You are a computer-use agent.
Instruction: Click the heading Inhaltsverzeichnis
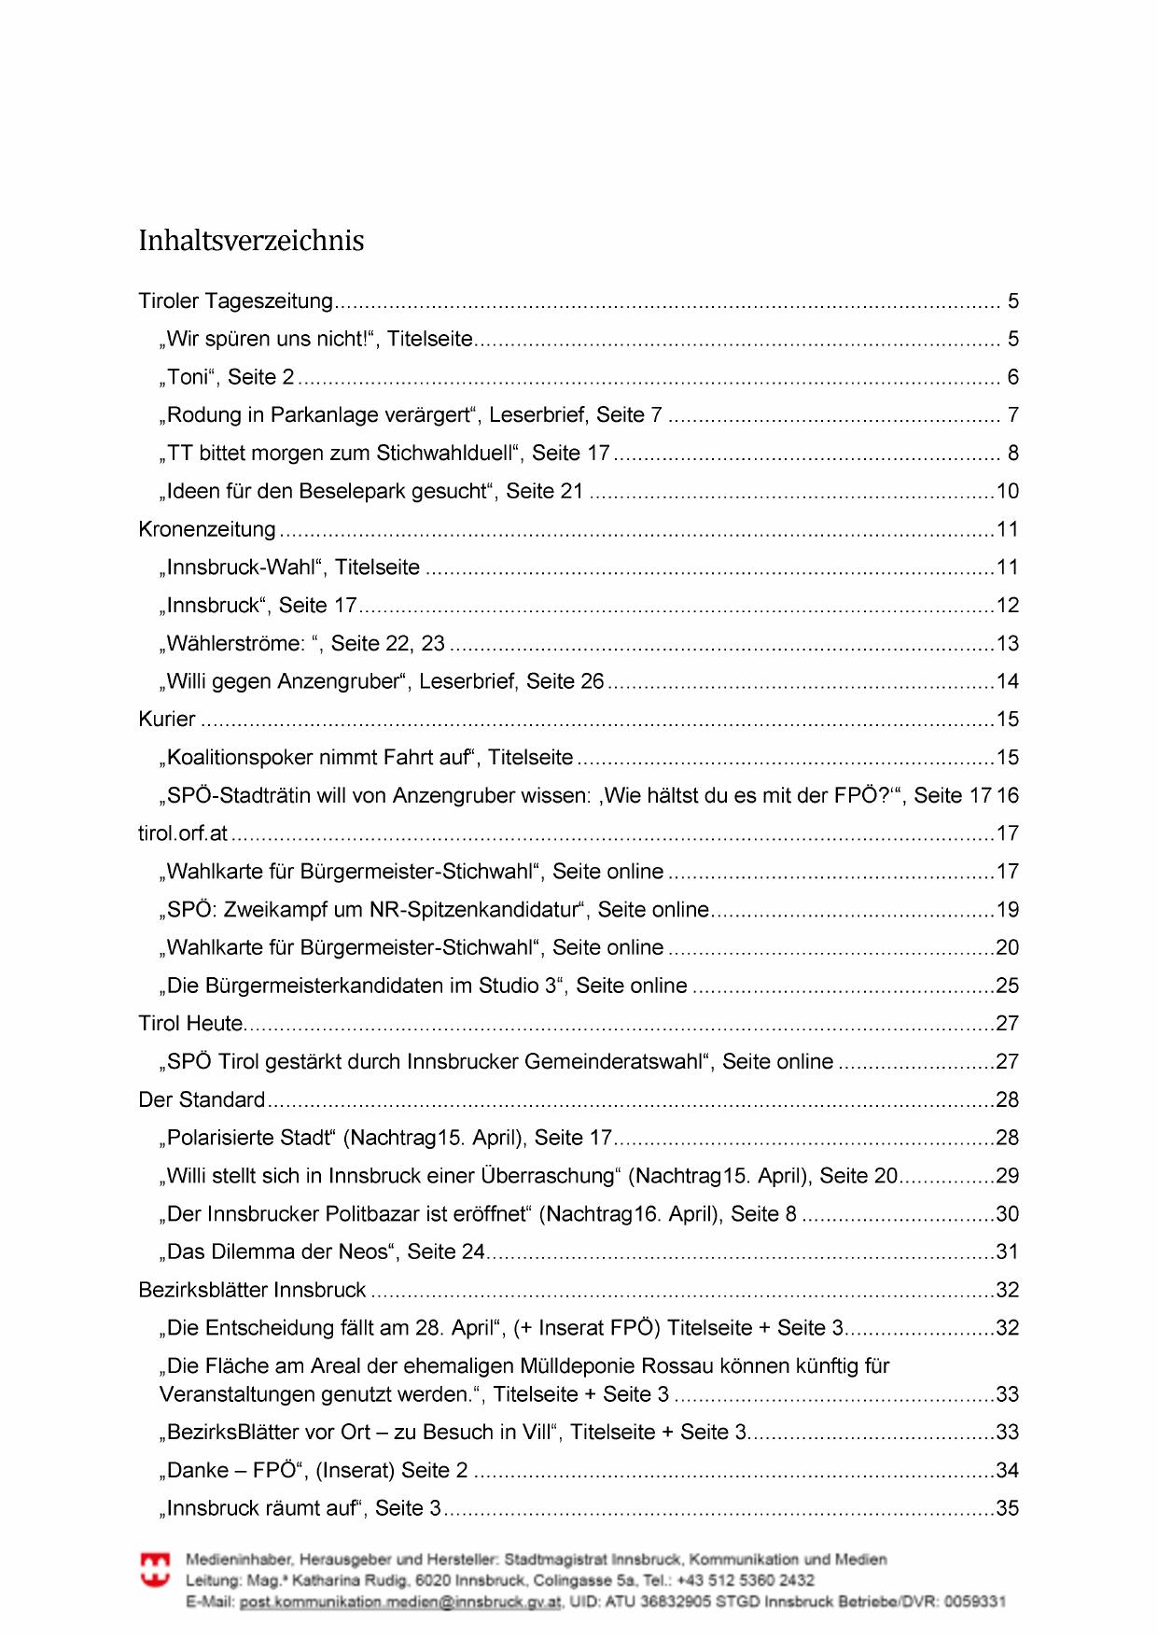tap(251, 241)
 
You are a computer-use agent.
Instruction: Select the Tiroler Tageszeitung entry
tap(235, 301)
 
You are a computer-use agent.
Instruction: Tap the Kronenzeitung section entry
tap(207, 530)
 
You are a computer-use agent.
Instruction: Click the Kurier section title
tap(167, 720)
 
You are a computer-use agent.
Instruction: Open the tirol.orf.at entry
tap(183, 833)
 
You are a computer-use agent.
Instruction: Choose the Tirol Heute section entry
tap(191, 1024)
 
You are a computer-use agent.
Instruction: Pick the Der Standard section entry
tap(202, 1100)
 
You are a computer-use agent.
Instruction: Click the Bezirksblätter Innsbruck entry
tap(252, 1291)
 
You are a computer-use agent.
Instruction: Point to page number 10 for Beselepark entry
tap(1008, 492)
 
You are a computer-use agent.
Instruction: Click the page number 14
tap(1008, 682)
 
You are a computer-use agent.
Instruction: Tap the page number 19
tap(1008, 910)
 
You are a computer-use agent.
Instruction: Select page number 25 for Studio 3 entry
tap(1008, 986)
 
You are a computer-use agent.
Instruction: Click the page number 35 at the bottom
tap(1008, 1509)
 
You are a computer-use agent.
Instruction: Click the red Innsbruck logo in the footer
tap(155, 1569)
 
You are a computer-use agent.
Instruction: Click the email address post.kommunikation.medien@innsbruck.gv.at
tap(400, 1602)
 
